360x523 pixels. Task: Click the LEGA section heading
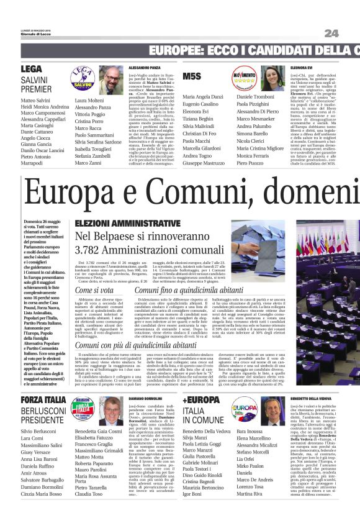pyautogui.click(x=31, y=69)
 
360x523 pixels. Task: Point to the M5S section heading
pyautogui.click(x=193, y=76)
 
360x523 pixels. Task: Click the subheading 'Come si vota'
pyautogui.click(x=94, y=290)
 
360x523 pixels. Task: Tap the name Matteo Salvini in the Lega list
pyautogui.click(x=35, y=100)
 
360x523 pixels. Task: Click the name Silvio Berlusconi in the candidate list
pyautogui.click(x=40, y=431)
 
